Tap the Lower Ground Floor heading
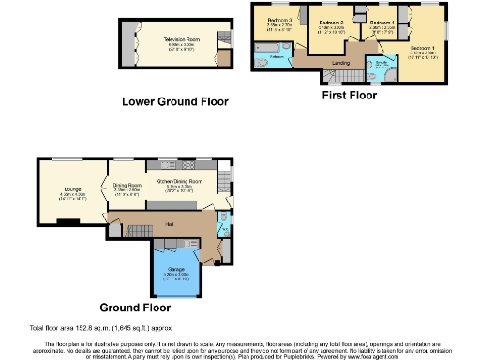pos(175,101)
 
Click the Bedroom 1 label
pos(424,47)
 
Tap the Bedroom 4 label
pos(381,21)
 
